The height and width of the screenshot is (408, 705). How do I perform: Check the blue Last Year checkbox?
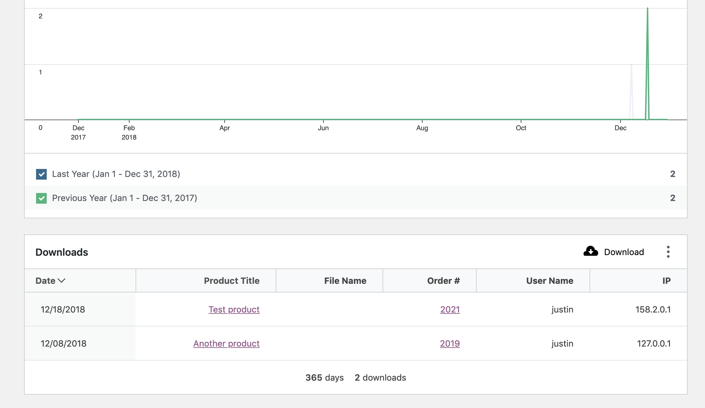[x=41, y=174]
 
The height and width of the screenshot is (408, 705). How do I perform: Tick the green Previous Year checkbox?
[x=41, y=198]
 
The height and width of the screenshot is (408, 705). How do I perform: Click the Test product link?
[x=234, y=310]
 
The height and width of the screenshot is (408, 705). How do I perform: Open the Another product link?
[x=226, y=344]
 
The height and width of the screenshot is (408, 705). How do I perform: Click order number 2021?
[x=450, y=310]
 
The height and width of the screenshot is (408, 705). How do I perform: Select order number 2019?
[x=450, y=344]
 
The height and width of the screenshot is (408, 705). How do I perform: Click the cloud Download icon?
[x=591, y=252]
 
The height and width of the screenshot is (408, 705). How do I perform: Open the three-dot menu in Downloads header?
[x=668, y=252]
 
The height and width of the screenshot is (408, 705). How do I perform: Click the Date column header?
[x=50, y=281]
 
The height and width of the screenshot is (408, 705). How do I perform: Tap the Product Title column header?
[x=231, y=281]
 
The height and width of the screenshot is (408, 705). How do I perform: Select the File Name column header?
[x=345, y=281]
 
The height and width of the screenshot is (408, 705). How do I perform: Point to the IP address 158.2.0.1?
[x=653, y=310]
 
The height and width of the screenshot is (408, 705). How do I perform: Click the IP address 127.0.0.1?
[x=654, y=344]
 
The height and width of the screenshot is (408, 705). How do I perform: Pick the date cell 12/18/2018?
[x=63, y=310]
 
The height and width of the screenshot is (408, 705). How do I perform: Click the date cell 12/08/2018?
[x=63, y=344]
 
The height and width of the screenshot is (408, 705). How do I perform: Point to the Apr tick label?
[x=225, y=128]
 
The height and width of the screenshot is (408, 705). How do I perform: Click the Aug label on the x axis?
[x=422, y=128]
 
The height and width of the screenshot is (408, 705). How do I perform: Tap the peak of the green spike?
[x=647, y=8]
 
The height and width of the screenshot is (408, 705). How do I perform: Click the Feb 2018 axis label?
[x=129, y=132]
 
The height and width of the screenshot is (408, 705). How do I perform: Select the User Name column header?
[x=549, y=281]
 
